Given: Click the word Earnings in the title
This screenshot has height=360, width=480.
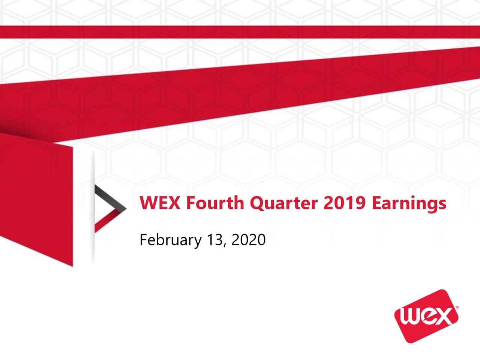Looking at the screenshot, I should click(x=409, y=204).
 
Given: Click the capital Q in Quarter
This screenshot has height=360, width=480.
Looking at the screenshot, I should click(x=256, y=204).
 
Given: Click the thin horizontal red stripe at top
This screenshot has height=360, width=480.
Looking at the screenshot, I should click(x=240, y=32).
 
